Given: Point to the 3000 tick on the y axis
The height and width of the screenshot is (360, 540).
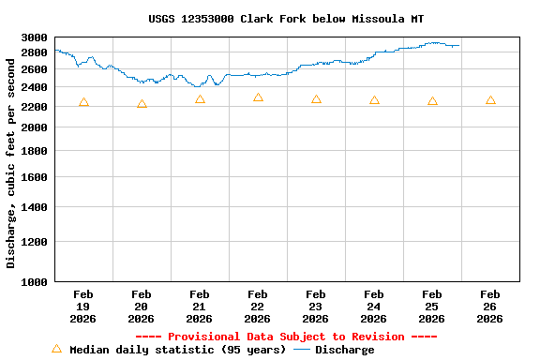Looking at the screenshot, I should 34,37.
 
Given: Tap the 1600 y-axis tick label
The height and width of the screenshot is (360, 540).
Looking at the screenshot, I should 34,176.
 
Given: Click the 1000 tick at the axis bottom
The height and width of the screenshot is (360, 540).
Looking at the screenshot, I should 34,281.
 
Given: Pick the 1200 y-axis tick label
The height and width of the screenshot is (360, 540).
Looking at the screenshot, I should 34,242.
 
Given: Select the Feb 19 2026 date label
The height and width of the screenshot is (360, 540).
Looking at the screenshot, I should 83,307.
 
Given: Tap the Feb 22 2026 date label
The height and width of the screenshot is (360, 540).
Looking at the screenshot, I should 258,307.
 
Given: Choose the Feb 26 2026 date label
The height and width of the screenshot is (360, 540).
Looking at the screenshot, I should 490,307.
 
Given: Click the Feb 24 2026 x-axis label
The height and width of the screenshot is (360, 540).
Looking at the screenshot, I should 374,307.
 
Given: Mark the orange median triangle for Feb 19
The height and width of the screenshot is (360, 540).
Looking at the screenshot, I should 83,102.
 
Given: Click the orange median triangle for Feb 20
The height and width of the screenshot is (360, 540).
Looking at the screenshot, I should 142,104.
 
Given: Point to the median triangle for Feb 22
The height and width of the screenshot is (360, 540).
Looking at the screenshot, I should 258,97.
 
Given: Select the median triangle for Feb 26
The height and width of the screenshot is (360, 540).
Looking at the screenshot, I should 490,100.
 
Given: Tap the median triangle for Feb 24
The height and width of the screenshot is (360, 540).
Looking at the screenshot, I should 374,100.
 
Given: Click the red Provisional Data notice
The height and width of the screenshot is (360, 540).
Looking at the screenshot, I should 286,337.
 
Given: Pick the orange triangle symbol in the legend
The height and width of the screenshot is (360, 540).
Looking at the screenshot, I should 56,349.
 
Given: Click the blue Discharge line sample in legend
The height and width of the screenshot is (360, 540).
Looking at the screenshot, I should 301,350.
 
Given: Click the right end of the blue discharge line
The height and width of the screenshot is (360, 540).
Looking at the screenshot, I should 458,45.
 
